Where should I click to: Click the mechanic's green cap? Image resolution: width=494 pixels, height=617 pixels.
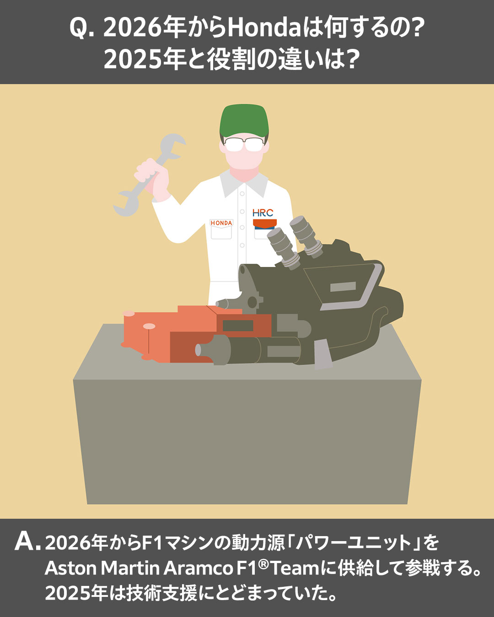[x=244, y=120]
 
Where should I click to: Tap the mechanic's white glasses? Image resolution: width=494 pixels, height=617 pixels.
[x=244, y=144]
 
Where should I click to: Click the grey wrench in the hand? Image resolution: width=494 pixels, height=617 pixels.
[x=149, y=175]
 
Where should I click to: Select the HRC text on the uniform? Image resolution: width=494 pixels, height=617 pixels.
[x=263, y=213]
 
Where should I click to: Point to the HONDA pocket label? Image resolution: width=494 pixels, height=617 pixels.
[x=221, y=223]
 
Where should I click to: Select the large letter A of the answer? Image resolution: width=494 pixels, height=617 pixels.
[x=25, y=541]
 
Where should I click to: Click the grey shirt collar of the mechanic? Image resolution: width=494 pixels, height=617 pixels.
[x=244, y=183]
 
